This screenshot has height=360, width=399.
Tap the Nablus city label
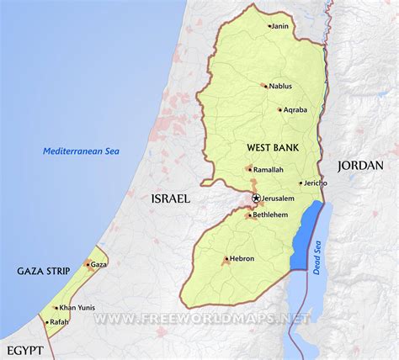pyautogui.click(x=281, y=86)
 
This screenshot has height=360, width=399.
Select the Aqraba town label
pyautogui.click(x=295, y=110)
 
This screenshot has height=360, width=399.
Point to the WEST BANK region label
pyautogui.click(x=269, y=147)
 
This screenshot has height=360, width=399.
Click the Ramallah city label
pyautogui.click(x=269, y=169)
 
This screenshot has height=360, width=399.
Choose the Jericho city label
pyautogui.click(x=315, y=183)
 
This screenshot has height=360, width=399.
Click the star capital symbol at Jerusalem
pyautogui.click(x=256, y=199)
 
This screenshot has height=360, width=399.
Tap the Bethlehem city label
pyautogui.click(x=271, y=215)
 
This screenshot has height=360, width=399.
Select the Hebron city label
pyautogui.click(x=242, y=258)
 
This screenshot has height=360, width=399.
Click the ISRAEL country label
pyautogui.click(x=170, y=199)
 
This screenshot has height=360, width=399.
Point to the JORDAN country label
pyautogui.click(x=360, y=166)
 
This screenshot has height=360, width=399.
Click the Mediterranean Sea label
pyautogui.click(x=82, y=151)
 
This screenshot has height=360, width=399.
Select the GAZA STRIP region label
pyautogui.click(x=42, y=271)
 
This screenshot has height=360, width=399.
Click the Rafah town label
pyautogui.click(x=59, y=321)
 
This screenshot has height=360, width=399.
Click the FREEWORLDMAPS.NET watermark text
pyautogui.click(x=202, y=319)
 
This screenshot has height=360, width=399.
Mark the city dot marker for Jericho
pyautogui.click(x=300, y=183)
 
